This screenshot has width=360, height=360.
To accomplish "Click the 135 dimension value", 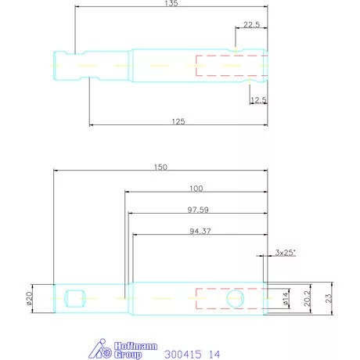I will click(171, 4).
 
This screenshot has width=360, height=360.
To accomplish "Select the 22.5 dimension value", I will click(251, 25).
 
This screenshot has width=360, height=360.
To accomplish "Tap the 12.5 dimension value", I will click(259, 99).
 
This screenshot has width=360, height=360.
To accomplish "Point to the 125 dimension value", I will click(178, 121).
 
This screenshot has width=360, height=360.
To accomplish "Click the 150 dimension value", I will click(160, 167).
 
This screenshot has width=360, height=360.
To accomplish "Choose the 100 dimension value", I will click(196, 189).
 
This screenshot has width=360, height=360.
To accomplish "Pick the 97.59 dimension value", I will click(196, 211).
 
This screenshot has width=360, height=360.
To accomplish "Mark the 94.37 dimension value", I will click(200, 231).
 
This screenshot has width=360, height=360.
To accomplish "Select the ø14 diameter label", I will click(285, 298).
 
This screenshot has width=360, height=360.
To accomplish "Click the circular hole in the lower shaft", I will click(235, 298).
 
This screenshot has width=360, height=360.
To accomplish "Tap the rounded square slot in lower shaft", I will click(76, 297).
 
